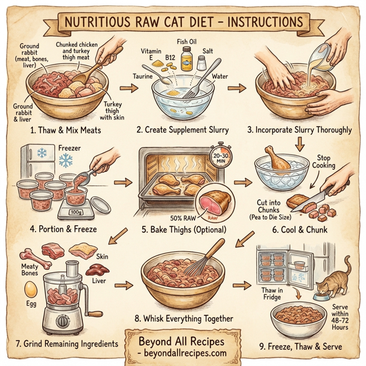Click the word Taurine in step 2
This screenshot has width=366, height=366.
pos(143,76)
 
